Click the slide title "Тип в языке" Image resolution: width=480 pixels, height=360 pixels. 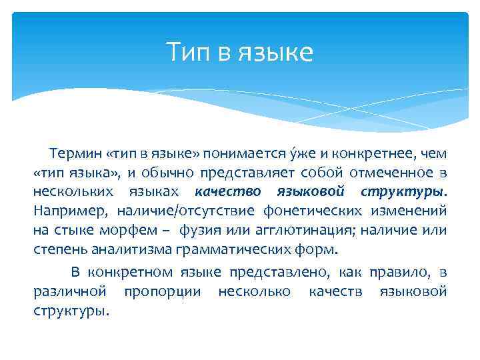(239, 52)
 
